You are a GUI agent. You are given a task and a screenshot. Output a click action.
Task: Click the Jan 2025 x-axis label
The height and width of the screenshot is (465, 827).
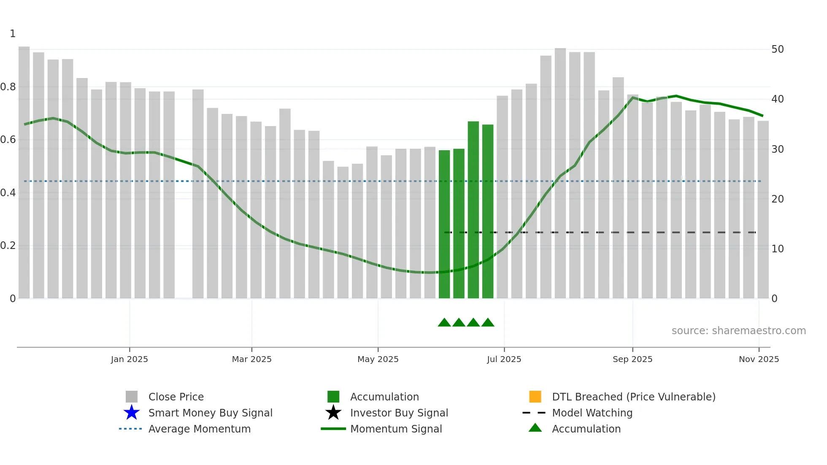click(129, 359)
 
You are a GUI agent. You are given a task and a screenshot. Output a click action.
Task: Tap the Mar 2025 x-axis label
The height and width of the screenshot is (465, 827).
click(251, 359)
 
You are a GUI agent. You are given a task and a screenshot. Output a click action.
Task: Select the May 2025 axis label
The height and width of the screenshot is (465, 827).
click(378, 359)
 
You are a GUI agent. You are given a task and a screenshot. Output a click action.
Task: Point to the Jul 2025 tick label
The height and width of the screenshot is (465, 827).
click(504, 359)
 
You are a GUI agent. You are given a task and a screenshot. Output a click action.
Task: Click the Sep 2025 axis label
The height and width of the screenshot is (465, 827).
click(632, 359)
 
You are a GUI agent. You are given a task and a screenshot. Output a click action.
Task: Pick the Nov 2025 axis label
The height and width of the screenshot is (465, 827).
click(759, 359)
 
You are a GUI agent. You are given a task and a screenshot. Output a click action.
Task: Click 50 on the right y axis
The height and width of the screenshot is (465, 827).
click(777, 49)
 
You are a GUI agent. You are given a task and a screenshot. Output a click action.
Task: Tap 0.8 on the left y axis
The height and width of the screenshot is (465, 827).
click(8, 87)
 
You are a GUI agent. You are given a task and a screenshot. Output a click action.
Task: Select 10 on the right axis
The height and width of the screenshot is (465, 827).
click(777, 249)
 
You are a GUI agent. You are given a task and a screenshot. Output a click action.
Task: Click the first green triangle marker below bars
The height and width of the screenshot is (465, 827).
click(444, 323)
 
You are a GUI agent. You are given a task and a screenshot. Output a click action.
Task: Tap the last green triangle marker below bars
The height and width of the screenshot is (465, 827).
click(488, 323)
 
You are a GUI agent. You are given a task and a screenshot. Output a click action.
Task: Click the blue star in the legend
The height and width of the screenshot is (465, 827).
click(132, 413)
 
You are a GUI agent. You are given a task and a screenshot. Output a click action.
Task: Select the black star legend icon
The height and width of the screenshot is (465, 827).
click(333, 413)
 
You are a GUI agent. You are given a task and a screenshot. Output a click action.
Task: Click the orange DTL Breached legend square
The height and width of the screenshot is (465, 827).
click(535, 397)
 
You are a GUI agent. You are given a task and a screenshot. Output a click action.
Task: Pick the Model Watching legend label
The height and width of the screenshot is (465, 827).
click(592, 413)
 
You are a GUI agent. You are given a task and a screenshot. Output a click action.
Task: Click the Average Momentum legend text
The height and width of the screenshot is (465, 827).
click(199, 429)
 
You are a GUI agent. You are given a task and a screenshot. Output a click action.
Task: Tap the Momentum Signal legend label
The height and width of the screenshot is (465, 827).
click(396, 429)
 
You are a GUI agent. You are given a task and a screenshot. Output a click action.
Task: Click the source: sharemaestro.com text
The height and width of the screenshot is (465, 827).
click(738, 331)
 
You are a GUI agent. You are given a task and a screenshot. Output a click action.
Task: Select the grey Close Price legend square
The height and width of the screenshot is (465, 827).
click(132, 397)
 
